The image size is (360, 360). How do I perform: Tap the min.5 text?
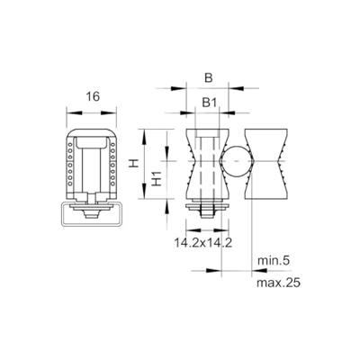point(272,261)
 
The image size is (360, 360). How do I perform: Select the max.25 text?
point(274,281)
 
